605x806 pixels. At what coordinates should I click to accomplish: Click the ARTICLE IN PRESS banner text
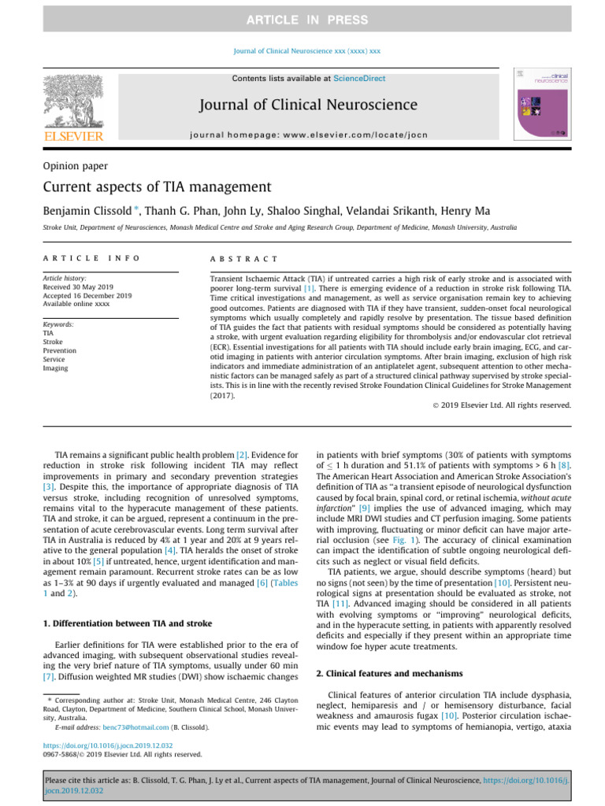302,20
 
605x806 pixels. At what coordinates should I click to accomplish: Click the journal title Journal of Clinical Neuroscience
307,105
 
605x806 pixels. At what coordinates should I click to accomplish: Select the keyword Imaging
56,368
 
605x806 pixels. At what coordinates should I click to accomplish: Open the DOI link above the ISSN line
108,745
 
